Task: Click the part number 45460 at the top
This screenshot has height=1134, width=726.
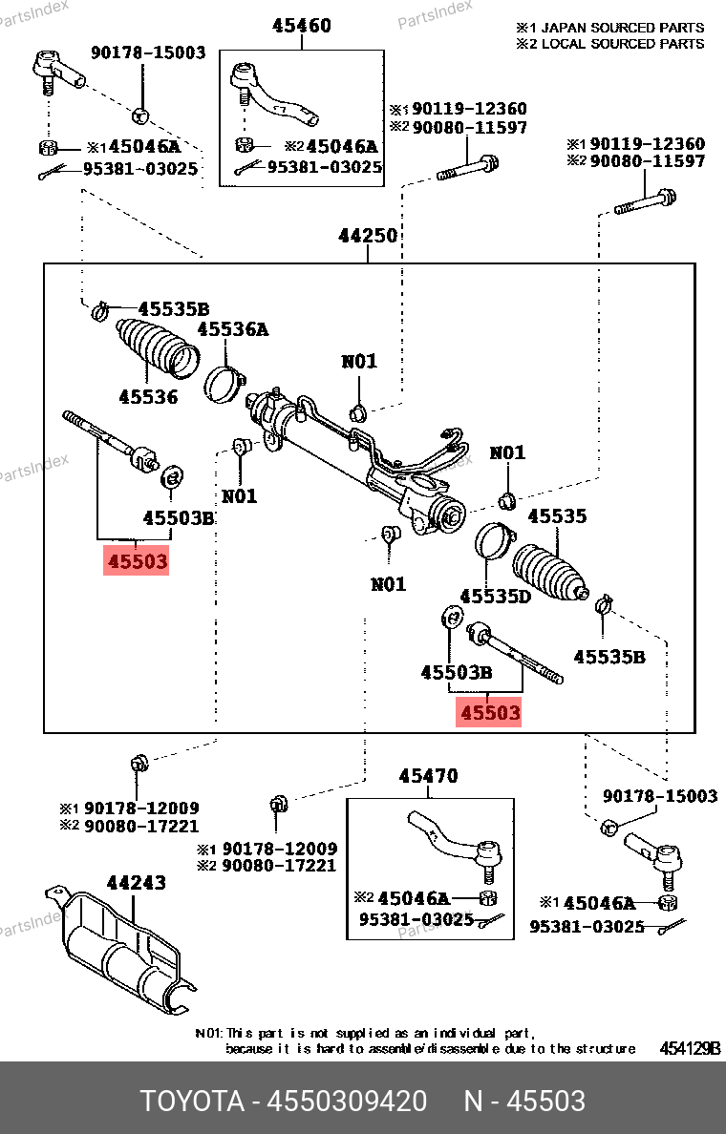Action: [x=300, y=26]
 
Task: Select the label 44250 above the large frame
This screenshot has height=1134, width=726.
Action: [x=368, y=236]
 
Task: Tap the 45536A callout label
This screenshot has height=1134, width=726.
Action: [x=233, y=329]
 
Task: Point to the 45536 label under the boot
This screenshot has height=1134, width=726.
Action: [x=148, y=395]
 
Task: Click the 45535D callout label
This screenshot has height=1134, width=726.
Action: [x=495, y=597]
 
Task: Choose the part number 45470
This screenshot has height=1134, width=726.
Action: [x=428, y=776]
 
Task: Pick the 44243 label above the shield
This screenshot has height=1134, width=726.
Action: [x=136, y=883]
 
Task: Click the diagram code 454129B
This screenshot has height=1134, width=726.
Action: [x=690, y=1048]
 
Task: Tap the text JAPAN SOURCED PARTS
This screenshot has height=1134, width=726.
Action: [x=623, y=28]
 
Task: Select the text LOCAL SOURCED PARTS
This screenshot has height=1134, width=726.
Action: [x=623, y=43]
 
